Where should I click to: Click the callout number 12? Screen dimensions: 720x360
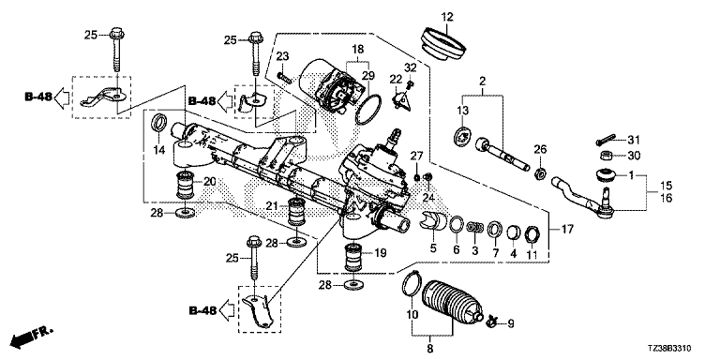click(447, 18)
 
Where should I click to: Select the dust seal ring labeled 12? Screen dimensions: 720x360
click(444, 44)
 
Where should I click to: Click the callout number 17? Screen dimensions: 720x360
click(567, 229)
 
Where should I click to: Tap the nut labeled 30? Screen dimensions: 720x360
click(607, 156)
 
